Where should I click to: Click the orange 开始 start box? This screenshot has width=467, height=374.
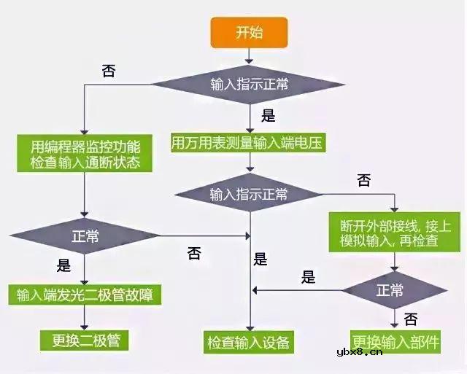pos(250,32)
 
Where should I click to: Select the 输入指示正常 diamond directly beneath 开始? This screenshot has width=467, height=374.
pos(249,84)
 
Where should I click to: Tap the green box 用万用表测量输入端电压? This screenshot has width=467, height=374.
pos(248,142)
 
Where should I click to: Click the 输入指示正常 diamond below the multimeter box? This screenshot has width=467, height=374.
pos(249,195)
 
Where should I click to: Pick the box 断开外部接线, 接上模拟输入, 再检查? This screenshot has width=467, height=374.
pos(395,233)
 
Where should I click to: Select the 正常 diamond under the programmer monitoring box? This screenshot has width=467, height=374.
pos(85,236)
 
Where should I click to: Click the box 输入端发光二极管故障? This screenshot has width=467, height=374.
pos(85,295)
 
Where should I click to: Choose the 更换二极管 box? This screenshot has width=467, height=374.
pos(85,339)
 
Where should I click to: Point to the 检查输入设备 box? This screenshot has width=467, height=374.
pos(249,340)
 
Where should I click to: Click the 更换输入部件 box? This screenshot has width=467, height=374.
pos(395,340)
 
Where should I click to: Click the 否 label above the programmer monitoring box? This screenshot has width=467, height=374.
pos(108,71)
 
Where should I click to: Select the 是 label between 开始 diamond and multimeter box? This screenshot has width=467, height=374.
pos(268,115)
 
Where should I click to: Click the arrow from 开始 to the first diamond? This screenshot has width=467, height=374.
pos(250,53)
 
